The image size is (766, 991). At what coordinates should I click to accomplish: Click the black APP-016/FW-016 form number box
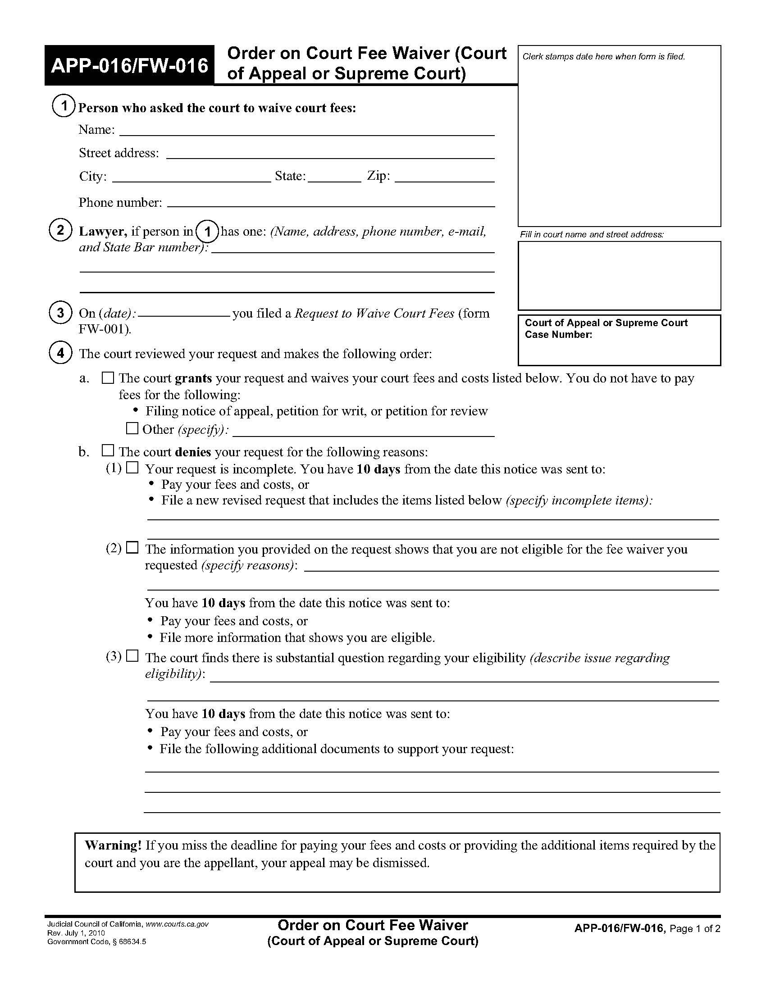(129, 66)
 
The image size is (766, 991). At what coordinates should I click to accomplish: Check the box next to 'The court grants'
(108, 378)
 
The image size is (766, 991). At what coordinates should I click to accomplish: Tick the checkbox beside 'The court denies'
(108, 450)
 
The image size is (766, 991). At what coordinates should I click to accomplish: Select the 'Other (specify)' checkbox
(132, 428)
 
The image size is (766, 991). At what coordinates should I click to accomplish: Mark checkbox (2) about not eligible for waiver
(132, 548)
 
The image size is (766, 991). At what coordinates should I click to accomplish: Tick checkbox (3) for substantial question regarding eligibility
(132, 656)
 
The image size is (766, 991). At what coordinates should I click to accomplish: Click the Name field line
(306, 132)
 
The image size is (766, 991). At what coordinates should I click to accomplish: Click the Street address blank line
(330, 154)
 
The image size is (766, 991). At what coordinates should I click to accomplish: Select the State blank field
(334, 178)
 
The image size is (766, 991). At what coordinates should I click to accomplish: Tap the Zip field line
(444, 178)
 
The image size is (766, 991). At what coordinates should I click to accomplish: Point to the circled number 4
(60, 353)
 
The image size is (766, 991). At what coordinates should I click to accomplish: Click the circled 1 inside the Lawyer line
(207, 232)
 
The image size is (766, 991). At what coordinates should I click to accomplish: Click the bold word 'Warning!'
(114, 845)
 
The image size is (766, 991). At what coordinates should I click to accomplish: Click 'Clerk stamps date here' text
(603, 57)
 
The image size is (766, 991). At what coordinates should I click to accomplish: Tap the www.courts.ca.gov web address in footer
(177, 924)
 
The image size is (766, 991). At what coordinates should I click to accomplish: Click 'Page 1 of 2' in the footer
(695, 928)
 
